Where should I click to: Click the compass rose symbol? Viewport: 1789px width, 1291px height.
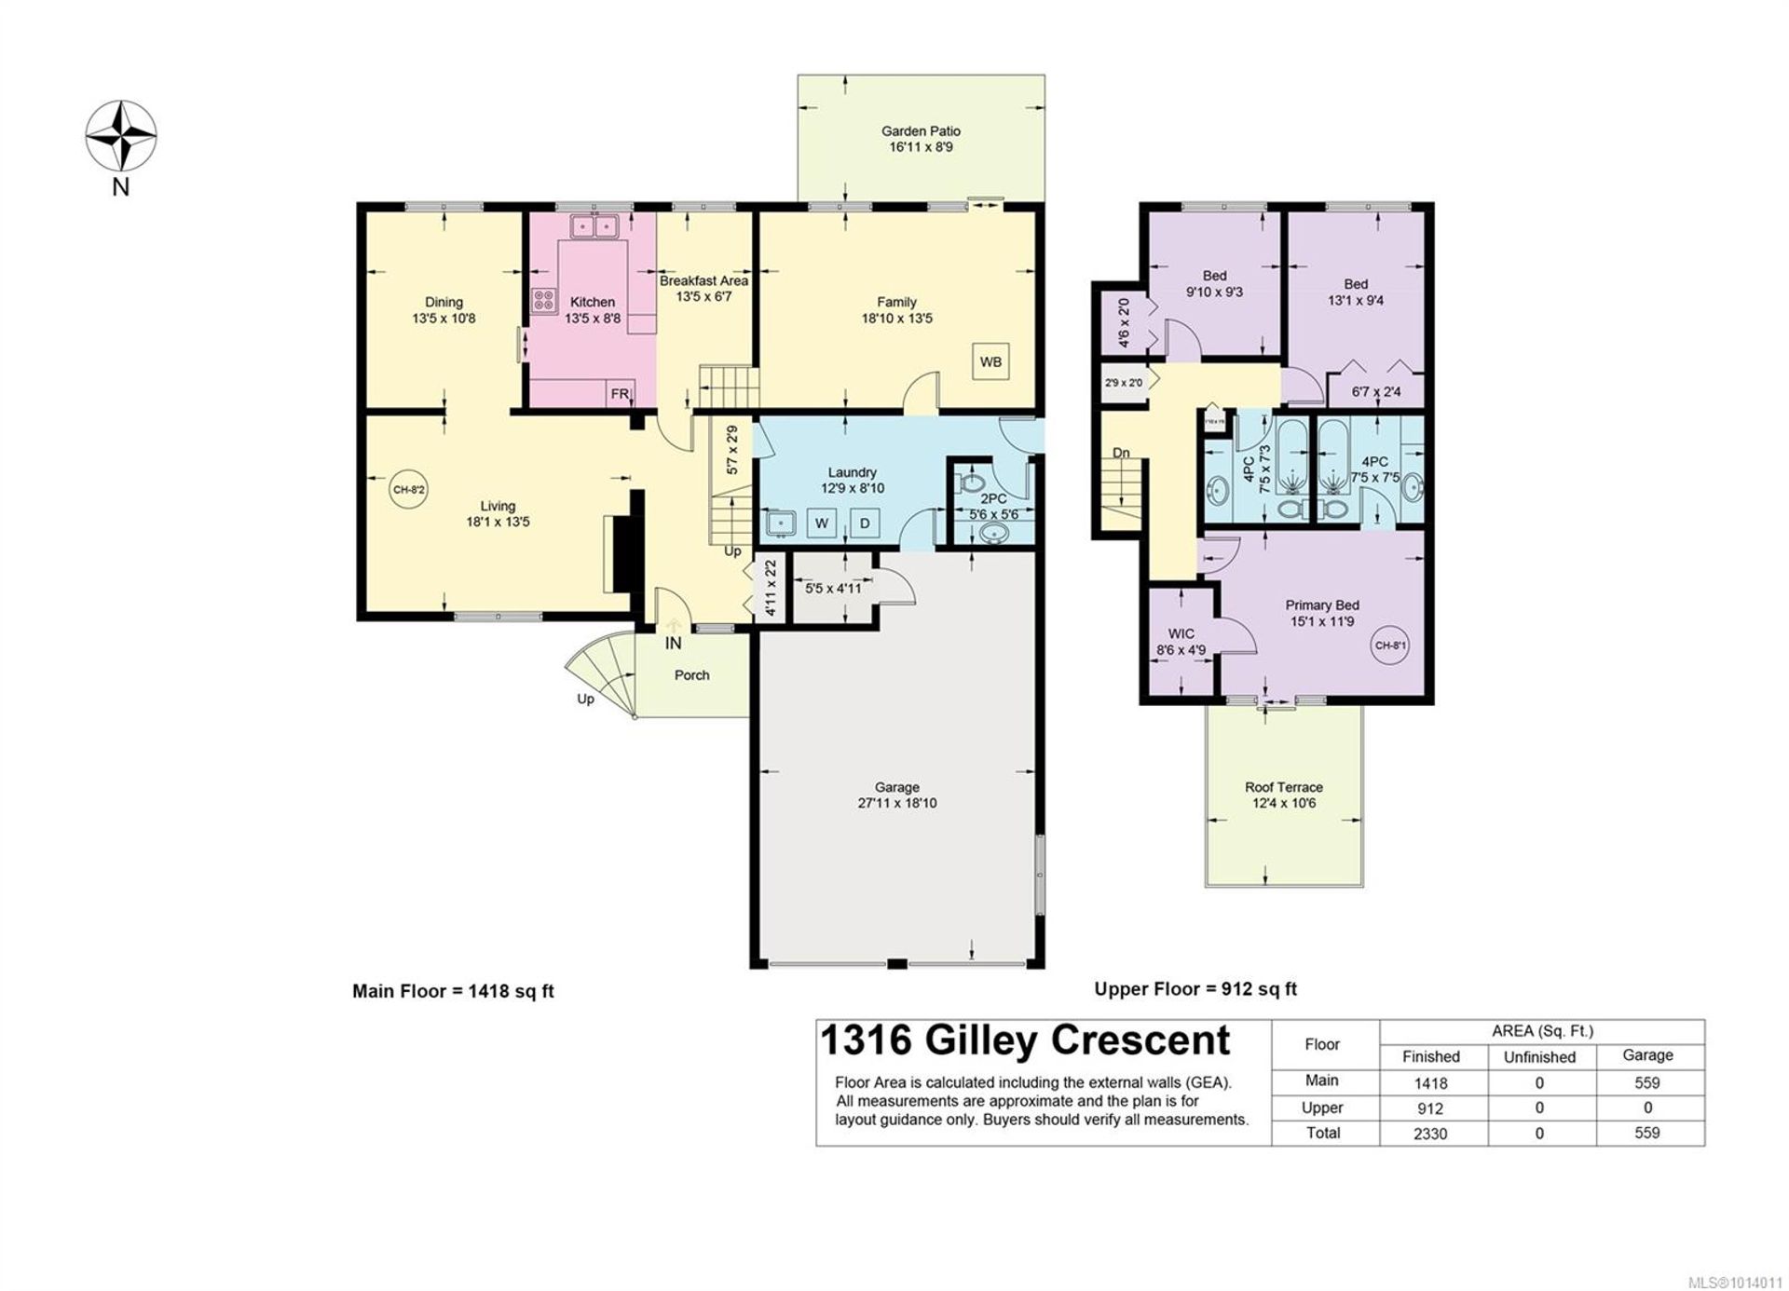(121, 136)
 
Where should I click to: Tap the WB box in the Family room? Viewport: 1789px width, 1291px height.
(990, 361)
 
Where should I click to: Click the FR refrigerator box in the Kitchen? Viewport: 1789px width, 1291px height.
(620, 394)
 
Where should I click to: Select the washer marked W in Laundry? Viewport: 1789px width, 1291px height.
(822, 523)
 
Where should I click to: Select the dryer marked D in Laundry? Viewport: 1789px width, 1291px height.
(865, 523)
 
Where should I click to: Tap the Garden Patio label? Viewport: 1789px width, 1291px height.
(921, 131)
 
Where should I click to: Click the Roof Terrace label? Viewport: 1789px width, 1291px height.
(1283, 787)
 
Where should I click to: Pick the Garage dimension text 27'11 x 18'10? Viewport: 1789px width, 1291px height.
(896, 803)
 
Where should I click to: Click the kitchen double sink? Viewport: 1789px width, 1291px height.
(594, 225)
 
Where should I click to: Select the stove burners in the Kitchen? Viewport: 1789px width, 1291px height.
(544, 300)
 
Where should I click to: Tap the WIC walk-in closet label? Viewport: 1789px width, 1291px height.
(1181, 633)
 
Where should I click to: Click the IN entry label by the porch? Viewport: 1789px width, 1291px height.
(673, 643)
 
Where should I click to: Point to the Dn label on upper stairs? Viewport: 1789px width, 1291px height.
(1121, 453)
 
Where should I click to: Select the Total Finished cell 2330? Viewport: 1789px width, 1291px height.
(1430, 1134)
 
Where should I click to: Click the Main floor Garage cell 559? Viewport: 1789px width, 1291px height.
(1646, 1082)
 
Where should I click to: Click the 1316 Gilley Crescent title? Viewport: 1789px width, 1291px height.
(1025, 1040)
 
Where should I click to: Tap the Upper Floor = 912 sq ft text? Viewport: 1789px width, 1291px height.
(1195, 989)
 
